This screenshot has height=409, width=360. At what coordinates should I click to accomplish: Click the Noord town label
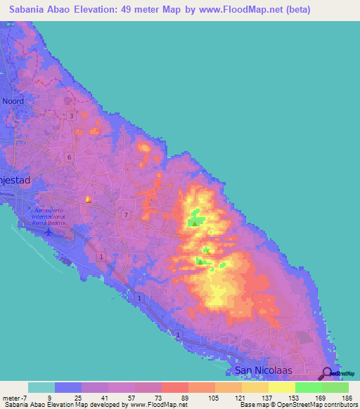(13, 101)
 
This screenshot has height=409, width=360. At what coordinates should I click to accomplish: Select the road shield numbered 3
(71, 116)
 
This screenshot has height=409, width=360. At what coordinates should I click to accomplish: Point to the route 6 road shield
(69, 157)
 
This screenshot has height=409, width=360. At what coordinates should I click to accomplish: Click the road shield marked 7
(125, 214)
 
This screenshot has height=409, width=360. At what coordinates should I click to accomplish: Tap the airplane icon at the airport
(49, 231)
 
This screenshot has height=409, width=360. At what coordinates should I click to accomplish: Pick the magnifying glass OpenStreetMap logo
(328, 373)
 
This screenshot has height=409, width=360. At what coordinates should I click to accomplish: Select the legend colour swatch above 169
(308, 387)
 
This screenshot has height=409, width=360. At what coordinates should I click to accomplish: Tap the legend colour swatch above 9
(68, 387)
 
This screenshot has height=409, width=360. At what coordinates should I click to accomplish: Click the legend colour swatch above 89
(174, 387)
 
